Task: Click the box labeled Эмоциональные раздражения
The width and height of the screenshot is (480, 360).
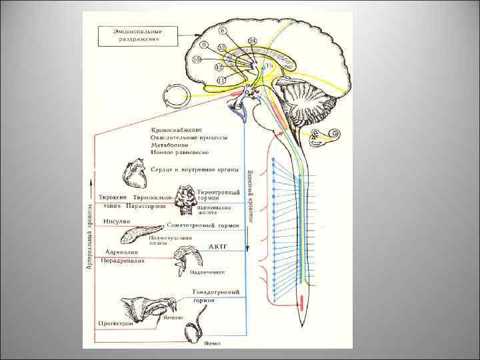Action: (x=137, y=35)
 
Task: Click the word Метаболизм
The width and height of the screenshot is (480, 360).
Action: (x=169, y=145)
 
